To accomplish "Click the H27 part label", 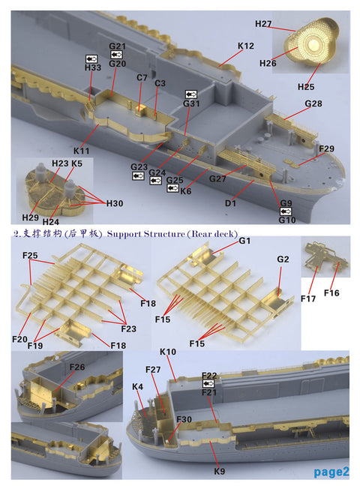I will coord(263,24).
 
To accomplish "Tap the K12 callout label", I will coord(246,46).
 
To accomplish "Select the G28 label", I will coord(313,103).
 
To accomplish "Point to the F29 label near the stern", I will coord(326,149).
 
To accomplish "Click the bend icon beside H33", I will coord(92,58).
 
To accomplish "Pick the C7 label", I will coord(142,77).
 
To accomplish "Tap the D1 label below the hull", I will coord(230,203).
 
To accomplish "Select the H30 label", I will coord(115,203).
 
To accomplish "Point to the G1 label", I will coord(244,241).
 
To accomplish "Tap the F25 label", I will coord(30,256).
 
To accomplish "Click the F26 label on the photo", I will coord(78,367).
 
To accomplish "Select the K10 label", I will coord(168,351).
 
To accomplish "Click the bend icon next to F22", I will coord(209,383).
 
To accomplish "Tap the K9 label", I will coord(220,471).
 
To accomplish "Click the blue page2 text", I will coord(331,471).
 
